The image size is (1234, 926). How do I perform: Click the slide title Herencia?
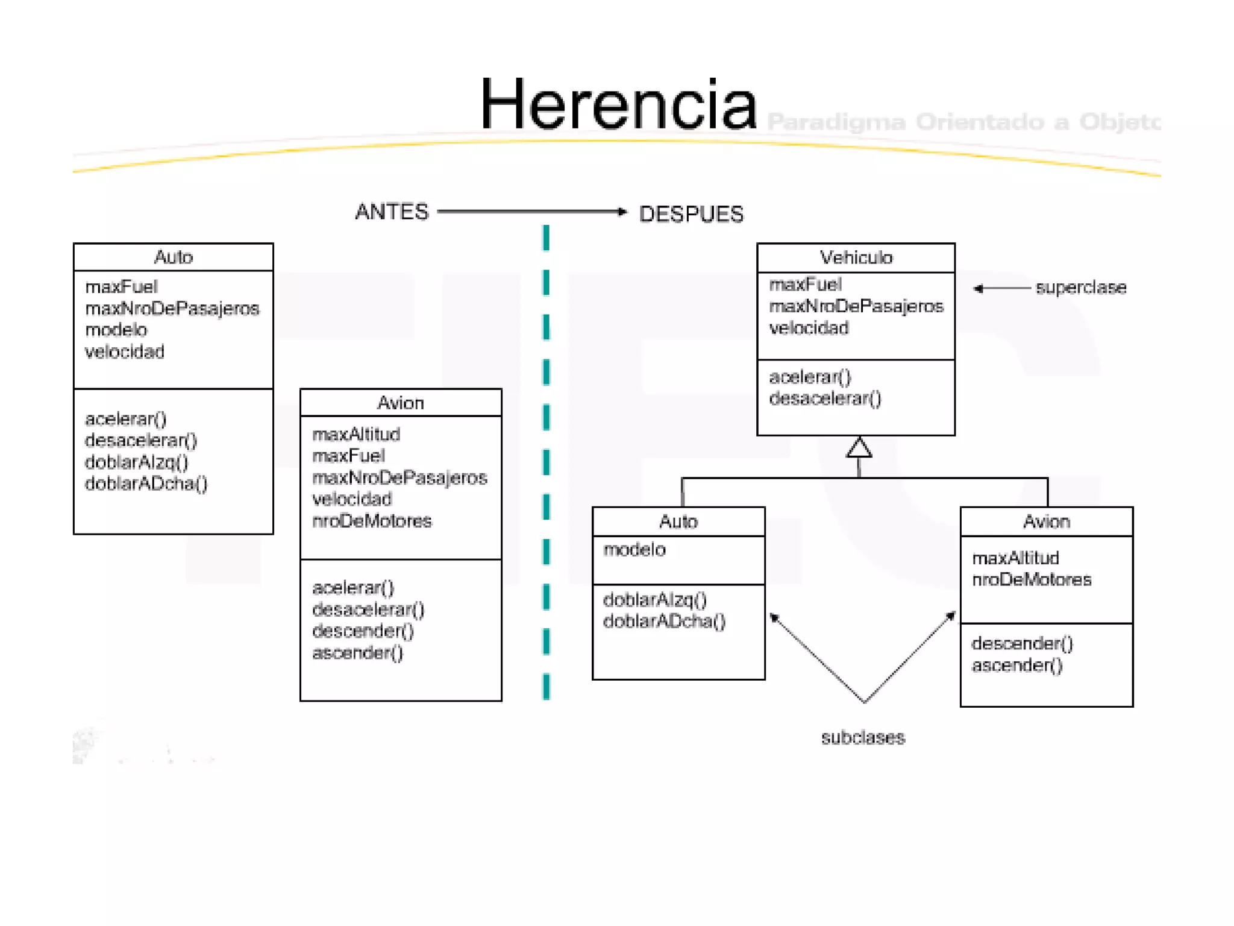618,106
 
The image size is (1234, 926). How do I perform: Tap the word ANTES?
392,212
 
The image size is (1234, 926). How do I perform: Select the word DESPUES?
691,214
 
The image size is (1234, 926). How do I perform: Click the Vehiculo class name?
856,258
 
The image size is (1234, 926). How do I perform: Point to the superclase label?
1081,288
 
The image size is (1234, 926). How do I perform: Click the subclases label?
863,737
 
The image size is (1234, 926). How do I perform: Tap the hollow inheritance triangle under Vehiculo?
859,448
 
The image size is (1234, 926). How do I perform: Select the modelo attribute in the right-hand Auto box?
634,550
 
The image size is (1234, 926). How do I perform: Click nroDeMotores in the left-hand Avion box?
372,521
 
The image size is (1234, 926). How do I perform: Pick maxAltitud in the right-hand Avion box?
1015,558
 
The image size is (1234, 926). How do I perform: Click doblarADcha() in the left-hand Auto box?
146,483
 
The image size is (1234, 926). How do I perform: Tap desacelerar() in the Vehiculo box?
825,398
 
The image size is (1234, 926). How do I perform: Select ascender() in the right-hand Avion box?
1017,666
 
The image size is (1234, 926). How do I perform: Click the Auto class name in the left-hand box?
174,257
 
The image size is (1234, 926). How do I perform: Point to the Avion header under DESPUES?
1047,521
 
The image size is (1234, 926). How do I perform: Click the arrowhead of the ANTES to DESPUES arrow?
622,212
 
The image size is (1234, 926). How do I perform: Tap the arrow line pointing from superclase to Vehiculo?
1003,288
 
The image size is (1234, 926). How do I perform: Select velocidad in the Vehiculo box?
809,328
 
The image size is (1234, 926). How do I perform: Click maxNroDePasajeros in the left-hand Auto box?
172,309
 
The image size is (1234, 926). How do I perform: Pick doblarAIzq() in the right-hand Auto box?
655,600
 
